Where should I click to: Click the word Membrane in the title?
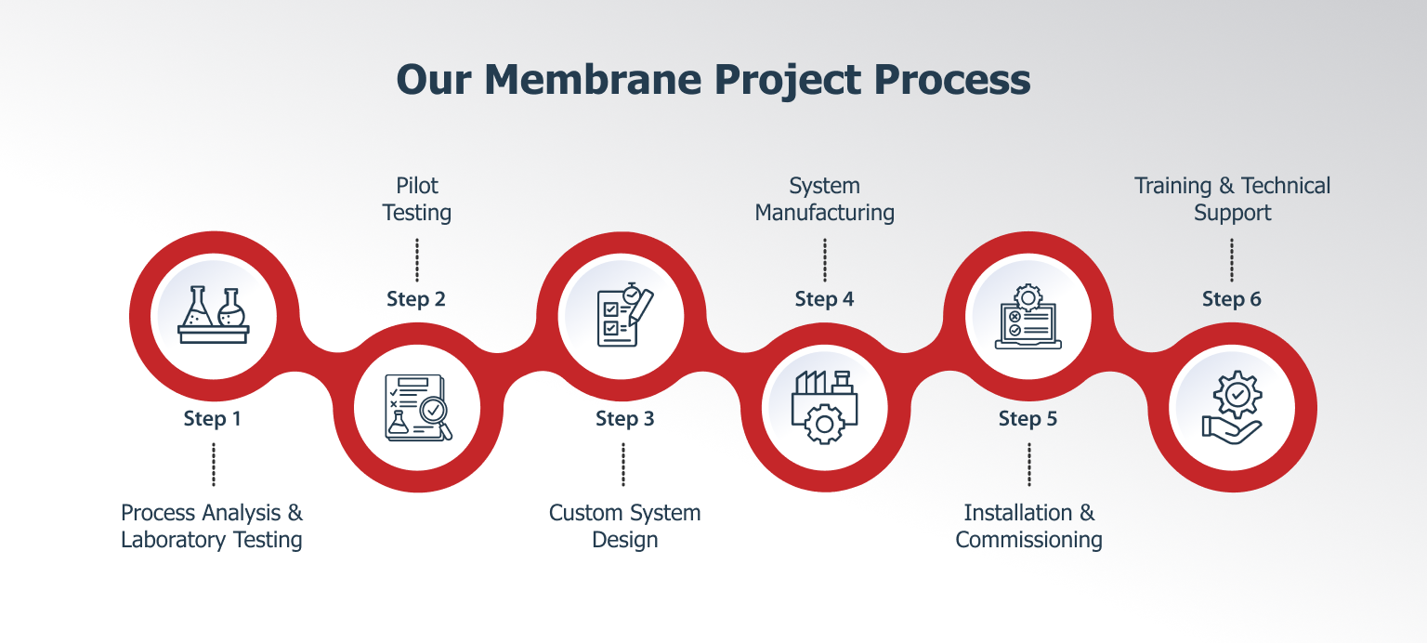click(593, 80)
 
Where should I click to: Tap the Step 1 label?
click(212, 419)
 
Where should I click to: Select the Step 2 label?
click(416, 299)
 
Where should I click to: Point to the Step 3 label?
click(625, 419)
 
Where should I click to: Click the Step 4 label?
click(824, 299)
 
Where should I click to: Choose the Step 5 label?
click(1028, 419)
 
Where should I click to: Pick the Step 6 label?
click(1231, 299)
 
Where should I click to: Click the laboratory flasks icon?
click(214, 315)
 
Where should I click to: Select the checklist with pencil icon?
click(625, 315)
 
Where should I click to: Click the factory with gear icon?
click(824, 407)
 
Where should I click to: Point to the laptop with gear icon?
click(1028, 316)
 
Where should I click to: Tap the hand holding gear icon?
click(1232, 407)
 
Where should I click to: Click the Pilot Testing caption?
click(416, 199)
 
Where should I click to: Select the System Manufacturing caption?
click(824, 199)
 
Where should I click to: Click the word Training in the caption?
click(1172, 186)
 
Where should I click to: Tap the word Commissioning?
click(1028, 540)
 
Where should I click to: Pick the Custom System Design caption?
click(625, 526)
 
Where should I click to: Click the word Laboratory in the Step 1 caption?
click(174, 540)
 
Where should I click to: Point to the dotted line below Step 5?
click(1028, 465)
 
